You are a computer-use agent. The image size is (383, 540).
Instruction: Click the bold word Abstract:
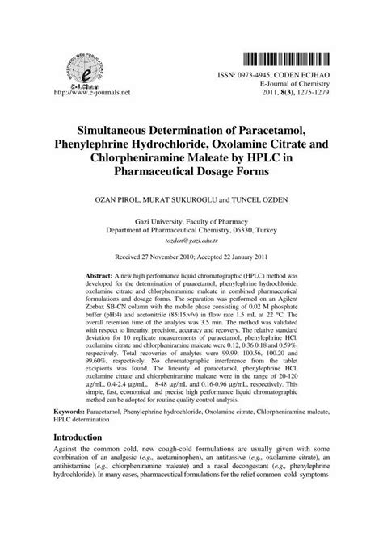pos(101,277)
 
